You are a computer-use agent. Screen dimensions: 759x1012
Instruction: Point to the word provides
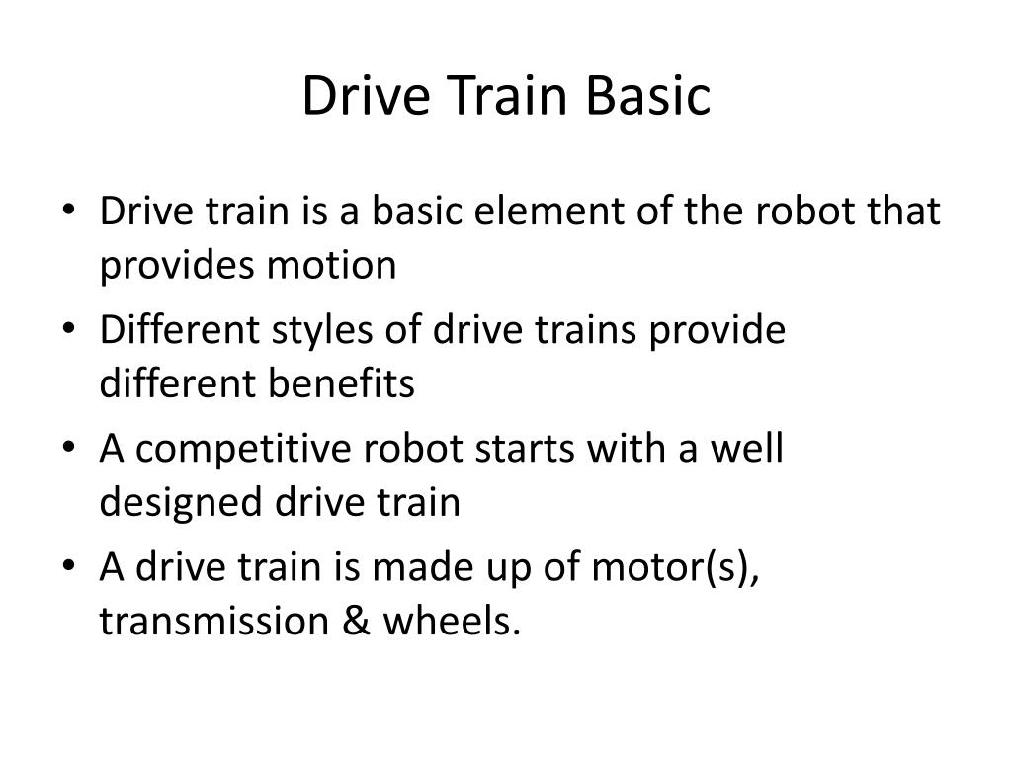tap(169, 267)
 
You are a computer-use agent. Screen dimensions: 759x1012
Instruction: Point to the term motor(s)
tap(689, 568)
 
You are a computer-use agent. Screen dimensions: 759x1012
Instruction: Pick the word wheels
tap(453, 623)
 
